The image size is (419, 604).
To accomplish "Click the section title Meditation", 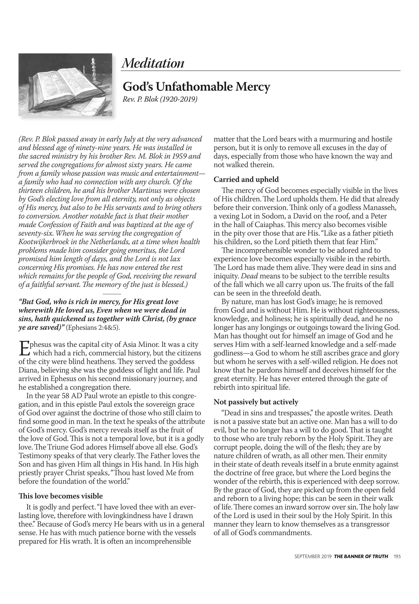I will click(x=153, y=63).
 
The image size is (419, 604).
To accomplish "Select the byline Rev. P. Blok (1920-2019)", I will click(x=160, y=99).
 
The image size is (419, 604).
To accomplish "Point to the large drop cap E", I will click(x=23, y=348).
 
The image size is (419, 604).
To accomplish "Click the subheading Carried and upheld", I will click(x=246, y=180).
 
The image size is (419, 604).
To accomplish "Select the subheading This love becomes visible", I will click(x=61, y=496).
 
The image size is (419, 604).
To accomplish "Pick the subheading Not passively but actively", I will click(x=256, y=402).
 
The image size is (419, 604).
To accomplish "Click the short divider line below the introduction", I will click(x=112, y=294).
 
